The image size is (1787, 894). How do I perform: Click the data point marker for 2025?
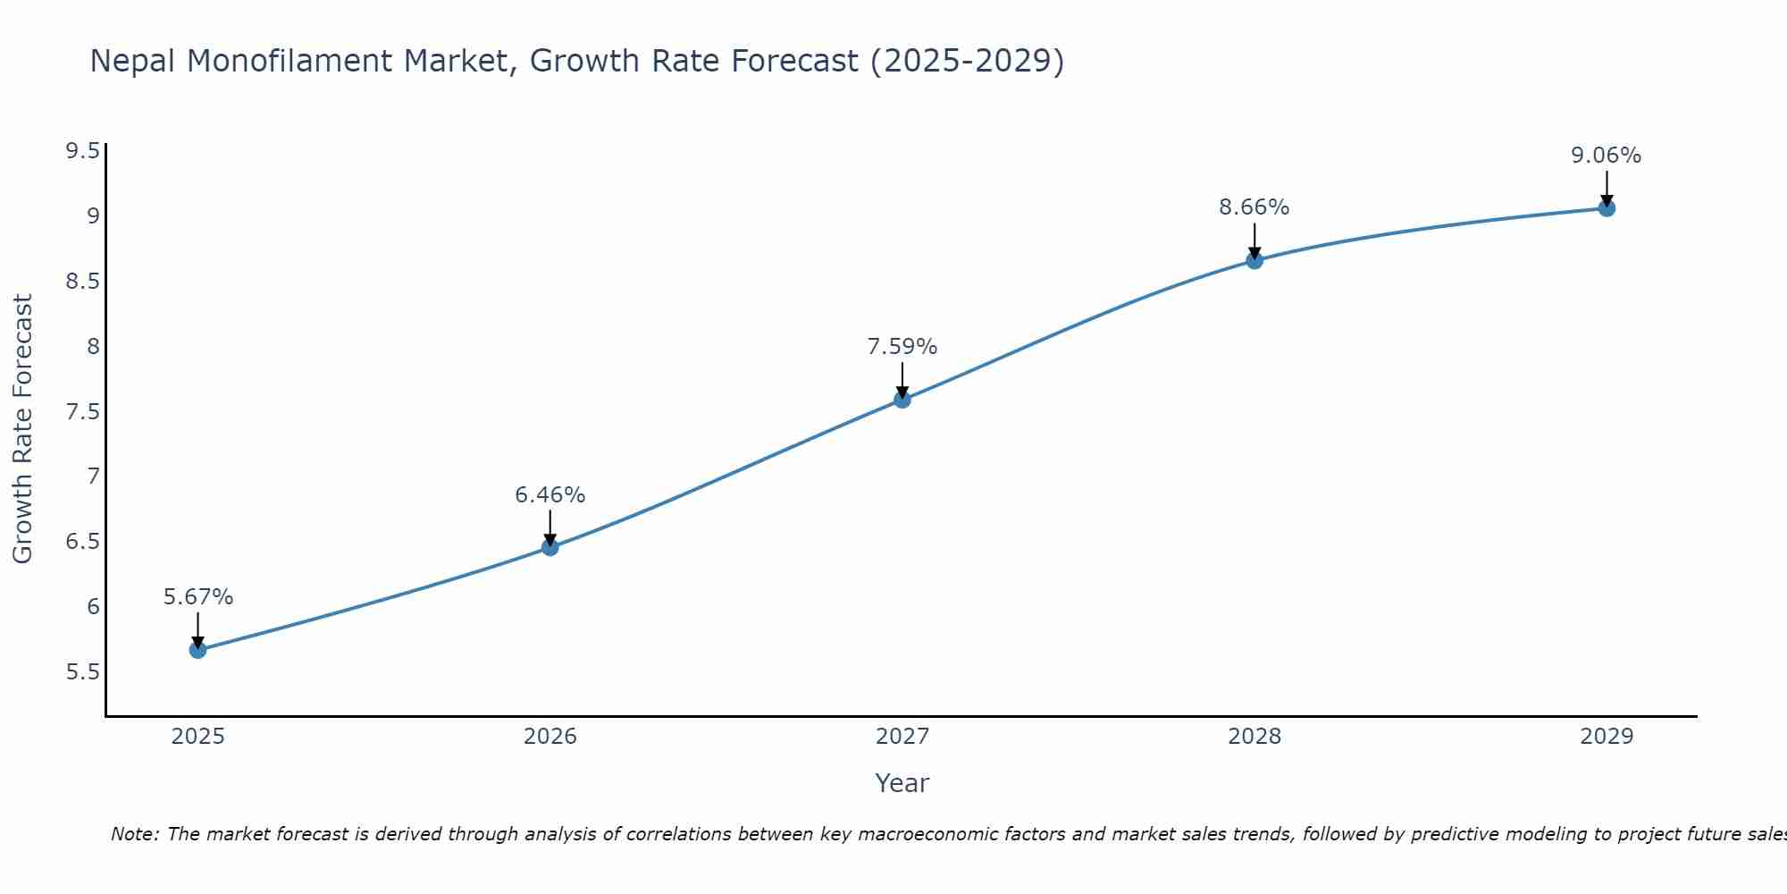[x=198, y=650]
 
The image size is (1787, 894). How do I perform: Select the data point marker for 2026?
[x=550, y=547]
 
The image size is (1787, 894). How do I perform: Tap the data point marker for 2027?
[x=902, y=400]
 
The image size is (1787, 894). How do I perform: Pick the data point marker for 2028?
[x=1254, y=260]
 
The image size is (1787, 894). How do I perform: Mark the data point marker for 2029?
[x=1607, y=208]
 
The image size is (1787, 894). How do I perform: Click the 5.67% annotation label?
[x=198, y=597]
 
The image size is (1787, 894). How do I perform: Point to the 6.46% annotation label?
[x=550, y=495]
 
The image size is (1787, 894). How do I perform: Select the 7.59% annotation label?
[x=902, y=347]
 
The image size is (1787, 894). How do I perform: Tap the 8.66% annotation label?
[x=1254, y=207]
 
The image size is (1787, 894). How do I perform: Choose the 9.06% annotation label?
[x=1607, y=156]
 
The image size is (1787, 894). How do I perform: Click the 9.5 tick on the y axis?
[x=82, y=151]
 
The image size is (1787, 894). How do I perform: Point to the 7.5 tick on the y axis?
[x=82, y=412]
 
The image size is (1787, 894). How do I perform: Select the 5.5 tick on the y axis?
[x=82, y=672]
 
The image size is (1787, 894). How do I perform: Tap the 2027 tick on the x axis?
[x=902, y=737]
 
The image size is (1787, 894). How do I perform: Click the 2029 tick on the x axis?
[x=1607, y=737]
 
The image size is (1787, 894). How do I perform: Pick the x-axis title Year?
[x=902, y=783]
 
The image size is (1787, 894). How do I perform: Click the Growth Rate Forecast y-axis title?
[x=22, y=429]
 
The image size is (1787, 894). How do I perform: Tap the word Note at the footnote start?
[x=133, y=834]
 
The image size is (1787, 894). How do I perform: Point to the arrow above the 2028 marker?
[x=1254, y=241]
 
